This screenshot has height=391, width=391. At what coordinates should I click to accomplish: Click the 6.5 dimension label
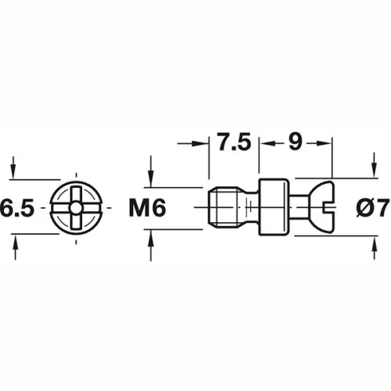[17, 209]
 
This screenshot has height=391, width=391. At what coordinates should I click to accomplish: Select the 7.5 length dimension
[233, 143]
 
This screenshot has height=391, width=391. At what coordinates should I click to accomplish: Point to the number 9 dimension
[296, 143]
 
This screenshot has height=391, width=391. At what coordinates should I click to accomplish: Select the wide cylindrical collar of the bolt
[273, 208]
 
